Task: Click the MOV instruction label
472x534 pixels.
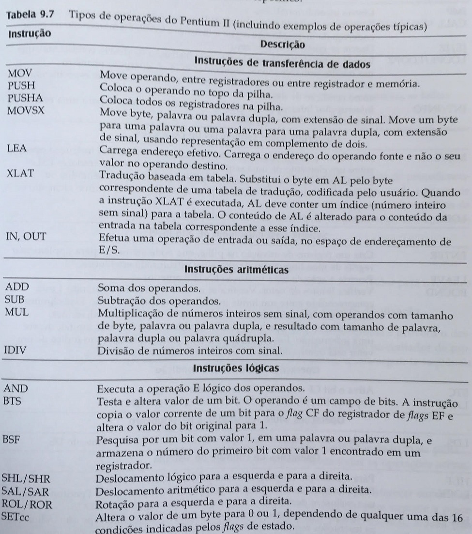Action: tap(18, 76)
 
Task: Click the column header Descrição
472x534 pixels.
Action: tap(282, 45)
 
